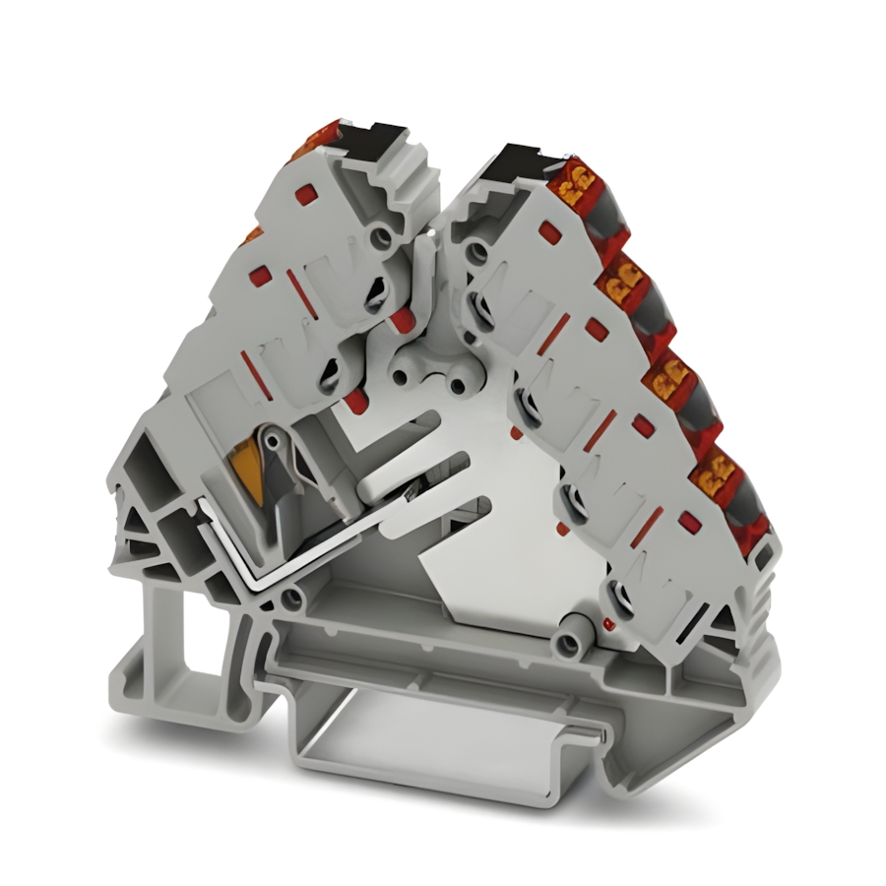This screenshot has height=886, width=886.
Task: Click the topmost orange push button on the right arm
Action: coord(573,183)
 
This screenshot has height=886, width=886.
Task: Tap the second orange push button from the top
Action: coord(620,286)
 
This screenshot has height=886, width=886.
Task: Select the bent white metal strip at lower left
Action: coord(295,551)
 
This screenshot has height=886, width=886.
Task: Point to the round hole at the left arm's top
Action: coord(379,237)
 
